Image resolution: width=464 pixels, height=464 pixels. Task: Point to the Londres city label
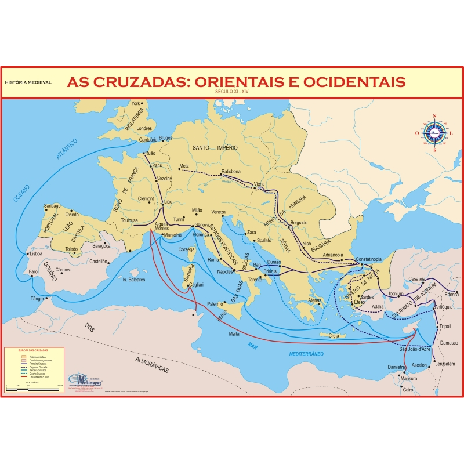[144, 128]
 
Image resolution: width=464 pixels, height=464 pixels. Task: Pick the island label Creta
[334, 336]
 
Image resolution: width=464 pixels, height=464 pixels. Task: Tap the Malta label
[234, 333]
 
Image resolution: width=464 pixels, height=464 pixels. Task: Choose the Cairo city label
[409, 390]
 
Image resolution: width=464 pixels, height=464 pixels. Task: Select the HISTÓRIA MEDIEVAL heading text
[28, 82]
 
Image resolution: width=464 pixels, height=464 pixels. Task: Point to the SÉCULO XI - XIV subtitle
[232, 92]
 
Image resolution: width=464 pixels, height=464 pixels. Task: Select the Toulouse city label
[129, 220]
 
